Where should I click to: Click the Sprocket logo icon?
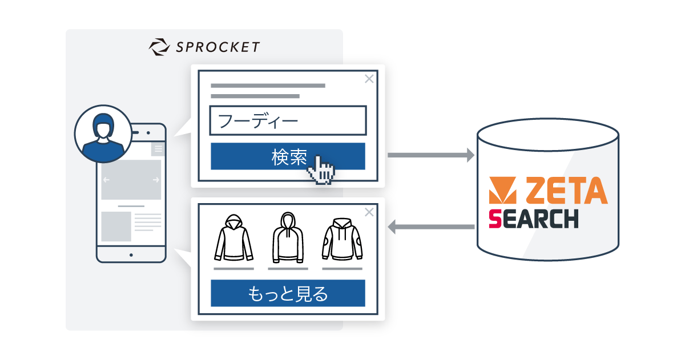click(x=158, y=46)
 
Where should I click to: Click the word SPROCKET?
click(x=217, y=47)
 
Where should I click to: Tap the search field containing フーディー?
click(x=288, y=120)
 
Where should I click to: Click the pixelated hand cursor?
click(x=321, y=169)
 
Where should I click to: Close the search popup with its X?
click(x=369, y=79)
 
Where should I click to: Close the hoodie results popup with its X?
click(x=369, y=212)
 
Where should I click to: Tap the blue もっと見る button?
click(x=288, y=293)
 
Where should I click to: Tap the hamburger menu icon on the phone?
click(x=158, y=149)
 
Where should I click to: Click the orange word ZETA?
click(x=566, y=191)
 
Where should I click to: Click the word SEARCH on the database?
click(x=533, y=219)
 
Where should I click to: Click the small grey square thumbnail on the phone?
click(x=116, y=226)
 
